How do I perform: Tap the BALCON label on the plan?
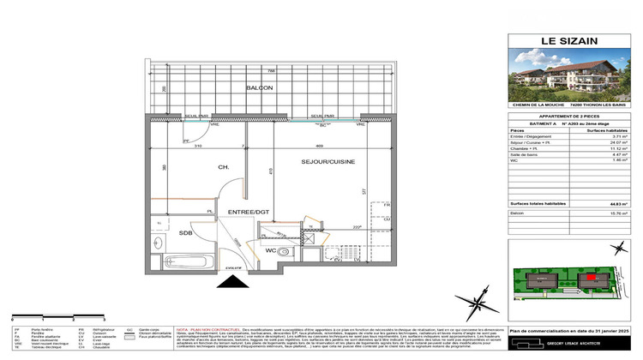coord(260,88)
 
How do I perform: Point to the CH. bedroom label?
coord(223,167)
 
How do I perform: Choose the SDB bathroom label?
coord(185,233)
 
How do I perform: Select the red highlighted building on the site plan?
coord(589,279)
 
